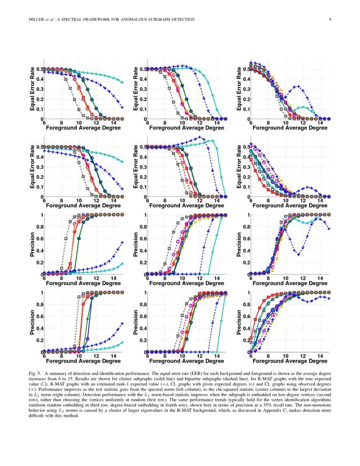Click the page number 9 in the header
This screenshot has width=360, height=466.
coord(330,19)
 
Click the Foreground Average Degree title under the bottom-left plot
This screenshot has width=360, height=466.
coord(83,361)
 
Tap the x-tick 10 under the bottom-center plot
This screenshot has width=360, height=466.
coord(183,356)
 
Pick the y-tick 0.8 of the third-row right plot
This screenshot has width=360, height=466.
coord(246,227)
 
